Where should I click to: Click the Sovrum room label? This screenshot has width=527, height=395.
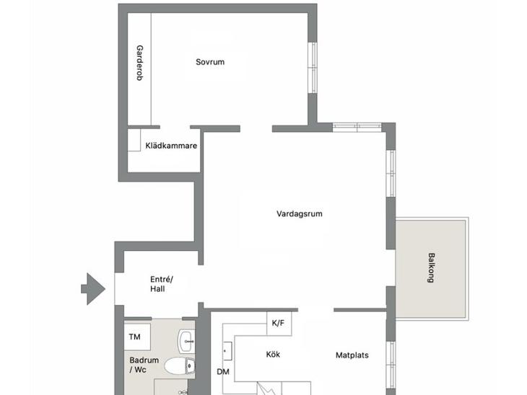pyautogui.click(x=210, y=62)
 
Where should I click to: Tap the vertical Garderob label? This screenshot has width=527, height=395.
pyautogui.click(x=139, y=63)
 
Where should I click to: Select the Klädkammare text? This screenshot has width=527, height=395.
pyautogui.click(x=171, y=146)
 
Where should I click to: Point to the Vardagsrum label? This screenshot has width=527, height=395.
pyautogui.click(x=300, y=214)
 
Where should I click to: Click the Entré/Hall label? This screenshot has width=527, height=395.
pyautogui.click(x=161, y=284)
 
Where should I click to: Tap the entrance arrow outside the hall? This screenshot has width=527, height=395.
pyautogui.click(x=93, y=288)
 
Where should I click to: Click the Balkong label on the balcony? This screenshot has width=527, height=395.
pyautogui.click(x=431, y=268)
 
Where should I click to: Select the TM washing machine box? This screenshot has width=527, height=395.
pyautogui.click(x=137, y=337)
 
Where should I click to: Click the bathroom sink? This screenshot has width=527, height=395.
pyautogui.click(x=186, y=342)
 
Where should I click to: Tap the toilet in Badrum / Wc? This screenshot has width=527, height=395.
pyautogui.click(x=180, y=365)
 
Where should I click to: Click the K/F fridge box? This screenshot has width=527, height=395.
pyautogui.click(x=279, y=323)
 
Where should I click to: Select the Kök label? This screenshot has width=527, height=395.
pyautogui.click(x=273, y=355)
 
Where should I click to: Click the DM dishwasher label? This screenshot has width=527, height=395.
pyautogui.click(x=223, y=372)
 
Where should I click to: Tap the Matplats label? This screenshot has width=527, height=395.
pyautogui.click(x=352, y=355)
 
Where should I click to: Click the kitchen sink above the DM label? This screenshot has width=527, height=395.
pyautogui.click(x=227, y=351)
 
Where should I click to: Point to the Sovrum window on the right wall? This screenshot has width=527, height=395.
pyautogui.click(x=313, y=68)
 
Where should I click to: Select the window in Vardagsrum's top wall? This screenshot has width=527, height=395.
pyautogui.click(x=357, y=127)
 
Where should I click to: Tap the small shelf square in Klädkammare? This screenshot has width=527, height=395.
pyautogui.click(x=134, y=141)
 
